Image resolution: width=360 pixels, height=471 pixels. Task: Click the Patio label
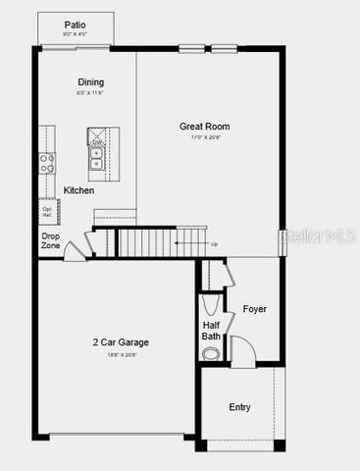[x=75, y=24]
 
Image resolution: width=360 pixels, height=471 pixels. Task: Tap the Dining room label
[x=90, y=82]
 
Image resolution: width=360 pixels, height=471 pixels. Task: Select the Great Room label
[x=205, y=126]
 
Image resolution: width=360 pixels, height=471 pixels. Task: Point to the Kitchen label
[x=79, y=190]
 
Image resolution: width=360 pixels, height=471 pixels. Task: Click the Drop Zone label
[x=51, y=240]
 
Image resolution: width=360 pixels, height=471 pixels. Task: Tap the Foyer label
[x=255, y=309]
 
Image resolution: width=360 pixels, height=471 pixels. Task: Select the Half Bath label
[x=212, y=331]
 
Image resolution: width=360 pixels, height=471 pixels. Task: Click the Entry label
[x=239, y=407]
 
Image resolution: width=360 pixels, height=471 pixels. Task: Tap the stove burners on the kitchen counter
[x=45, y=164]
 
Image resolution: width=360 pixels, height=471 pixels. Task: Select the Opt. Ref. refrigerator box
[x=47, y=211]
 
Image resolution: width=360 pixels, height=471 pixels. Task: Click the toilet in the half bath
[x=211, y=354]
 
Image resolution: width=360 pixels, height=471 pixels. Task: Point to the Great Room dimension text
[x=205, y=137]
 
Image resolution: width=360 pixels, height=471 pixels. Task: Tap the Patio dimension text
[x=75, y=34]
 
